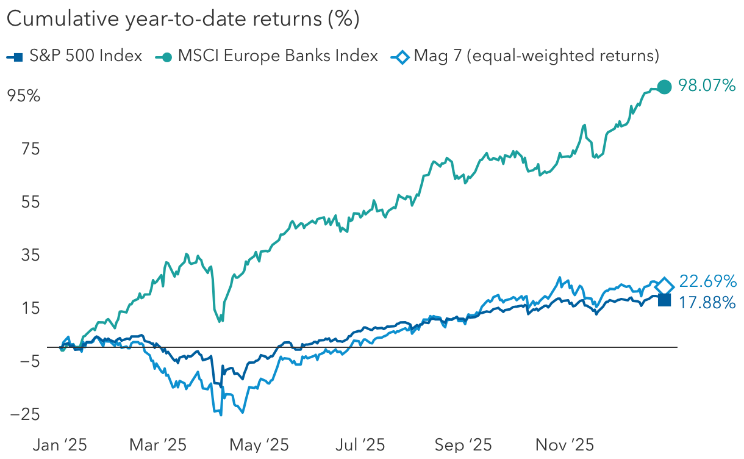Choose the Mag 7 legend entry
(x=528, y=56)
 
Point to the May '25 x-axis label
(x=259, y=445)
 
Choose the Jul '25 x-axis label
(x=360, y=445)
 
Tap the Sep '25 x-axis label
(x=463, y=445)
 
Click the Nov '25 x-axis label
(x=565, y=445)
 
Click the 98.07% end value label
(x=707, y=87)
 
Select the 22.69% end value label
(x=707, y=281)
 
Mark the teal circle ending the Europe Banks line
(x=665, y=87)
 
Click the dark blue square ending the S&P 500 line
(x=665, y=300)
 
